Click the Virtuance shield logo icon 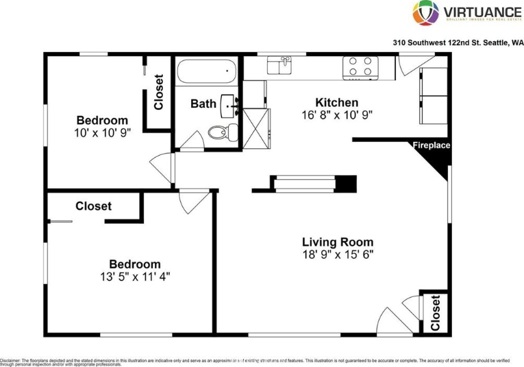425,13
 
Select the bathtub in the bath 206,71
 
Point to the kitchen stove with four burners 360,67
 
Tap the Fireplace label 431,145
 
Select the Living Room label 338,241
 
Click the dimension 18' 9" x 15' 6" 338,254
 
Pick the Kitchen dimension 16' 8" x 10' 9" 337,115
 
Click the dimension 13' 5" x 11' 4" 135,277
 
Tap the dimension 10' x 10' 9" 102,132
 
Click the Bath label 203,104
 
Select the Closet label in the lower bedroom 93,206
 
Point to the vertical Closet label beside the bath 159,92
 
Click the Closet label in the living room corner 436,312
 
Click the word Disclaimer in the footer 10,359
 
